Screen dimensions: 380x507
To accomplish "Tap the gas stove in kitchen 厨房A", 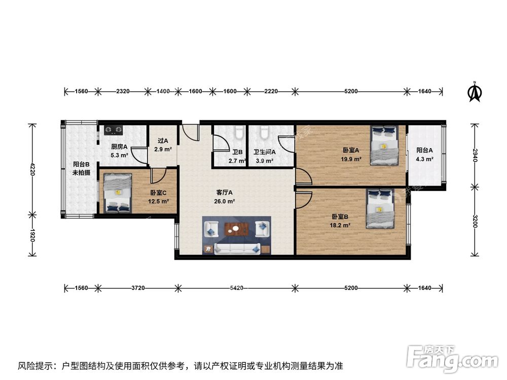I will tap(115, 131).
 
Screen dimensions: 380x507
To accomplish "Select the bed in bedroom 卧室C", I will tap(118, 193).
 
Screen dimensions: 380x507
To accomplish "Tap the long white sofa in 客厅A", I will tap(237, 248).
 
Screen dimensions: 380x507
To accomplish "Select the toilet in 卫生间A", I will tap(264, 133).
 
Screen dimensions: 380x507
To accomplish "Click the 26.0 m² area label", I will tap(225, 201).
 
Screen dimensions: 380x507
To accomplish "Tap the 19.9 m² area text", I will tap(351, 159).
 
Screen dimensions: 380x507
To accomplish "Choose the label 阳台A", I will tap(424, 150).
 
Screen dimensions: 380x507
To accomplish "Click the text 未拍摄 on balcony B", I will tap(81, 173).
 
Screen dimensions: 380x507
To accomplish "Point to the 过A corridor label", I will tap(163, 141).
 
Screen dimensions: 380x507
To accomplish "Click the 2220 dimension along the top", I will tap(271, 92).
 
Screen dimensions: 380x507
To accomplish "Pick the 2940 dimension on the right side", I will tap(475, 155).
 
